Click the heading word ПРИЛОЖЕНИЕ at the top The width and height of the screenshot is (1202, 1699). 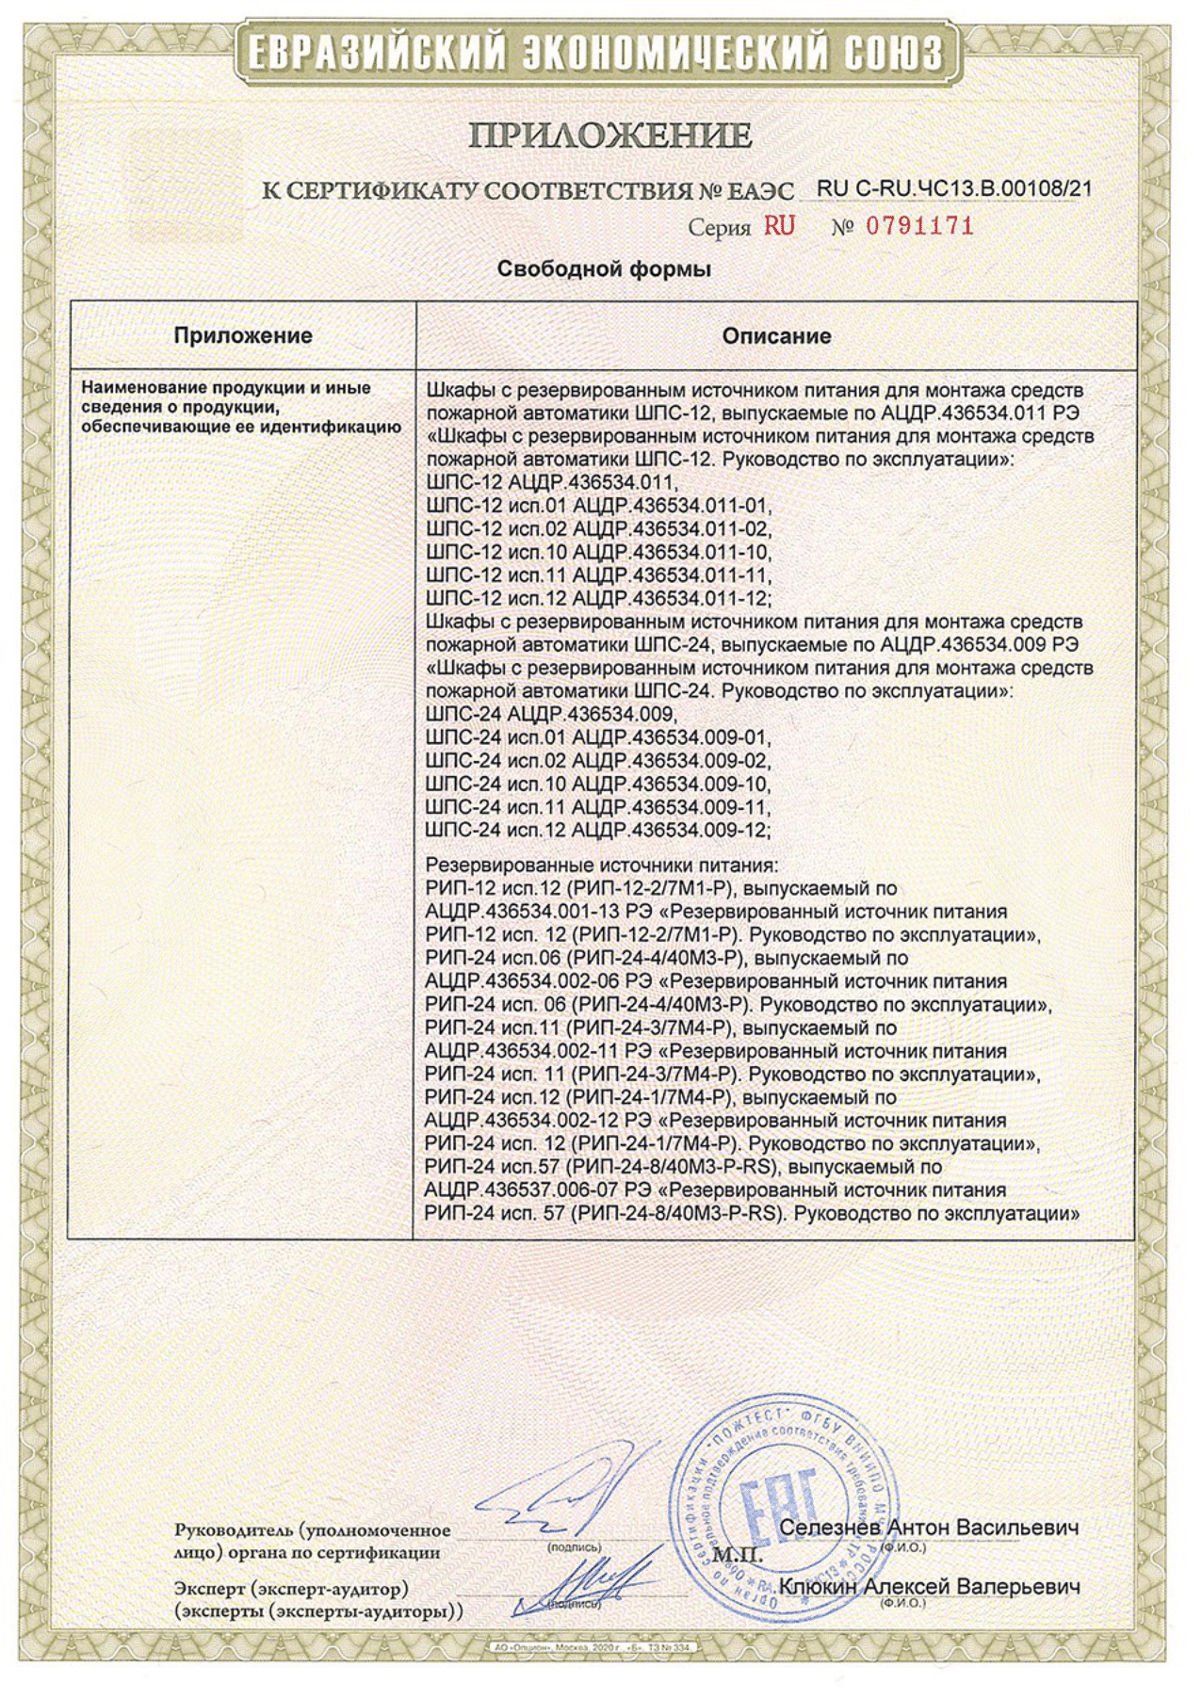(x=609, y=136)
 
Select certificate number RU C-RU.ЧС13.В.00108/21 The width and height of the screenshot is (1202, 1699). (x=954, y=188)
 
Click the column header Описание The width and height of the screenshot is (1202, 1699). (x=776, y=336)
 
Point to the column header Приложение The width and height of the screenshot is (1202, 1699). (x=242, y=336)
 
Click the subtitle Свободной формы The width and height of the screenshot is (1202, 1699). (x=603, y=269)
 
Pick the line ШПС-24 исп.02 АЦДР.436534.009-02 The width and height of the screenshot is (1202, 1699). (x=598, y=761)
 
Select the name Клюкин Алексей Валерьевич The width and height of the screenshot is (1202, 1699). (x=929, y=1587)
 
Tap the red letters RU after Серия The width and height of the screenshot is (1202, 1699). (x=779, y=226)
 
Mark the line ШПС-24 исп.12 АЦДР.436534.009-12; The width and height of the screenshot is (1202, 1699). (x=598, y=831)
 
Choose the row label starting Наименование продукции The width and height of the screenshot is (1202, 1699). (x=242, y=407)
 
